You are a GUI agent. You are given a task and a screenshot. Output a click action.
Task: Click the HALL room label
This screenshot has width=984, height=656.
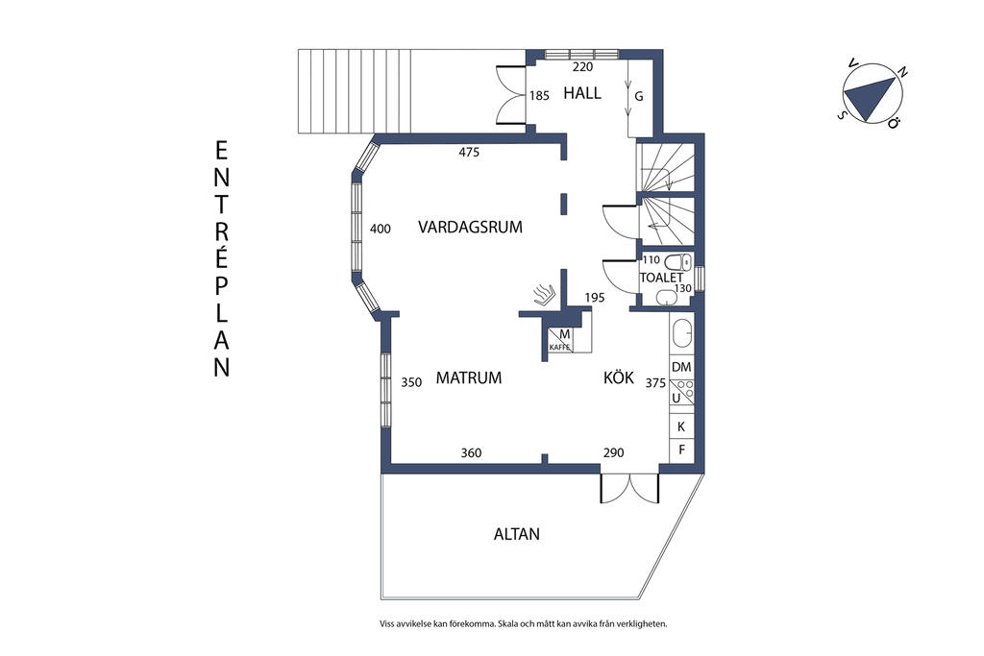pos(582,93)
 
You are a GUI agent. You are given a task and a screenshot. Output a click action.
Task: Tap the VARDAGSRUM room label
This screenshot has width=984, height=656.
pos(470,228)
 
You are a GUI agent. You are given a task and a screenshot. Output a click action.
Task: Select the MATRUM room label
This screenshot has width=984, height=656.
pos(469,377)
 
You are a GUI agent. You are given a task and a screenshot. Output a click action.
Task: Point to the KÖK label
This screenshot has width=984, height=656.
pos(619,377)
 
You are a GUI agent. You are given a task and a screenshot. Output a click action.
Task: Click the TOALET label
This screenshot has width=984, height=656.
pos(661,278)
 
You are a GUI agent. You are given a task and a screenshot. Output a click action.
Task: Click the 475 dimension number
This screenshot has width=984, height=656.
pos(468,153)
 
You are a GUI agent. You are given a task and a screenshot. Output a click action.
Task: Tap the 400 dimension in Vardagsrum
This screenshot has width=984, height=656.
pos(381,229)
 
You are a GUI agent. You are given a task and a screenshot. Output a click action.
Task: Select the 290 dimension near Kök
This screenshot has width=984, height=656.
pos(613,452)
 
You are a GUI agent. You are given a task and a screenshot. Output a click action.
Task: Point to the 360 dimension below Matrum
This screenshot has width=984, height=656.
pos(471,452)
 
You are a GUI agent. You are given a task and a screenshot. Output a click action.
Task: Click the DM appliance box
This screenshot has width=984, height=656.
pos(681,367)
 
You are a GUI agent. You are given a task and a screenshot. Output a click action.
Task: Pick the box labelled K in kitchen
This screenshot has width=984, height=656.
pos(681,426)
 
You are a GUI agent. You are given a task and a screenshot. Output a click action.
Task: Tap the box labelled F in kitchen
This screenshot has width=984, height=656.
pos(681,449)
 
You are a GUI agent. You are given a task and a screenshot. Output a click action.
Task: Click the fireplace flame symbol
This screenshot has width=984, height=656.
pos(544,292)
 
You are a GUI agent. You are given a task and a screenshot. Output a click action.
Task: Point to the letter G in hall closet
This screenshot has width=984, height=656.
pos(637,96)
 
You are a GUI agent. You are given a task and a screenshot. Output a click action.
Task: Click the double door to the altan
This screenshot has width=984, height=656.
pos(629,488)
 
